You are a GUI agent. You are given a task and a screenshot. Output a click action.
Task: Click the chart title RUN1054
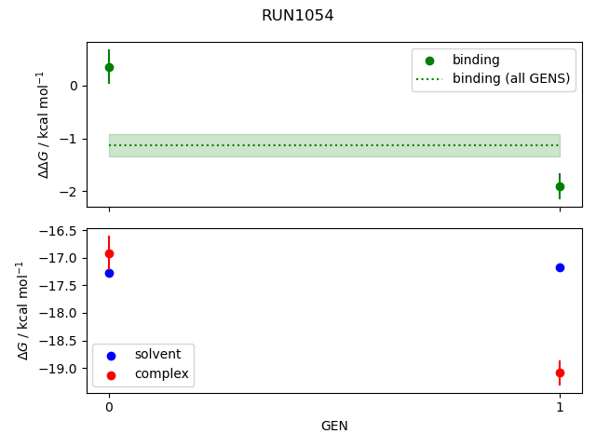(x=297, y=16)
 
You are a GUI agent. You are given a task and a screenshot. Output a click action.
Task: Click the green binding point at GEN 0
(x=109, y=67)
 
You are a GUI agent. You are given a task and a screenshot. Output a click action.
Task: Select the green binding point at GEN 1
(x=560, y=186)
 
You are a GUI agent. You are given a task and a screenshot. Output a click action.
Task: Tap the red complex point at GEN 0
(x=109, y=253)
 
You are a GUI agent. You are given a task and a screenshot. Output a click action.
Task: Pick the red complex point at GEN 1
(x=560, y=372)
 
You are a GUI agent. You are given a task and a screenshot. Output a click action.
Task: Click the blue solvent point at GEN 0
(x=109, y=273)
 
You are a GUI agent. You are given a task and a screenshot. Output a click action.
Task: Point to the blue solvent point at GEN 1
(x=560, y=267)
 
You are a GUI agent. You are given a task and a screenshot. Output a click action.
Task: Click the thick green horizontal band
(x=334, y=145)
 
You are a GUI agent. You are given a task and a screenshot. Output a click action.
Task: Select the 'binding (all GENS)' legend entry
(x=510, y=78)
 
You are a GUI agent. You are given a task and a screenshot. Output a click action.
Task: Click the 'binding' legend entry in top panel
(x=476, y=60)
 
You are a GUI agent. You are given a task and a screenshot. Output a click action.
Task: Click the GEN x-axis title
(x=334, y=426)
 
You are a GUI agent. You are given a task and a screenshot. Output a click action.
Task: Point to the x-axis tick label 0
(x=109, y=407)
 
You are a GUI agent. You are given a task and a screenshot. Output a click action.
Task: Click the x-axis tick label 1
(x=560, y=407)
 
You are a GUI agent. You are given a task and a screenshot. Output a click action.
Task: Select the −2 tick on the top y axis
(x=73, y=191)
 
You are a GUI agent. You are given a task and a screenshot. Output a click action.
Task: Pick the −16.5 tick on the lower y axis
(x=63, y=231)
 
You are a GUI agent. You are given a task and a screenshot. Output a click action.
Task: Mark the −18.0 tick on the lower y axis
(x=63, y=313)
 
